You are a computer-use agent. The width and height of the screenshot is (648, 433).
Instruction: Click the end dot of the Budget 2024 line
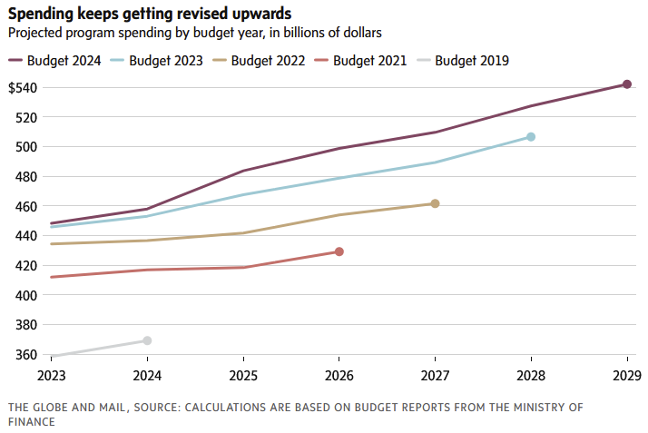(x=626, y=84)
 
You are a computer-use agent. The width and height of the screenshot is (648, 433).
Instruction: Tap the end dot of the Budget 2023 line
(x=531, y=137)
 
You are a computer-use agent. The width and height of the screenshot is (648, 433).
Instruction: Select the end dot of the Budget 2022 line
(x=435, y=203)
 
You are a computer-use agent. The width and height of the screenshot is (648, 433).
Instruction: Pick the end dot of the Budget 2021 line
(x=339, y=251)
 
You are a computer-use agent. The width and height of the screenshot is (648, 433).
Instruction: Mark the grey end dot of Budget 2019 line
(x=147, y=340)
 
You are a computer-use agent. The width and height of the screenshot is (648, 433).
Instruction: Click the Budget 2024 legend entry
(x=54, y=61)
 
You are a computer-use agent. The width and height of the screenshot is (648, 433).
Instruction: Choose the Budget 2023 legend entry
(x=156, y=61)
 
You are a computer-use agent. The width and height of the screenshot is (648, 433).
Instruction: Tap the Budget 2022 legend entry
(x=259, y=61)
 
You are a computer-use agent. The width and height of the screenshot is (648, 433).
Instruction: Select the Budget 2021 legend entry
(x=360, y=61)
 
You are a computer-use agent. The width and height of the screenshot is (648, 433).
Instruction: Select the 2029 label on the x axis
(x=626, y=374)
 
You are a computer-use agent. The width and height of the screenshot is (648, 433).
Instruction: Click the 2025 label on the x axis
(x=243, y=374)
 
